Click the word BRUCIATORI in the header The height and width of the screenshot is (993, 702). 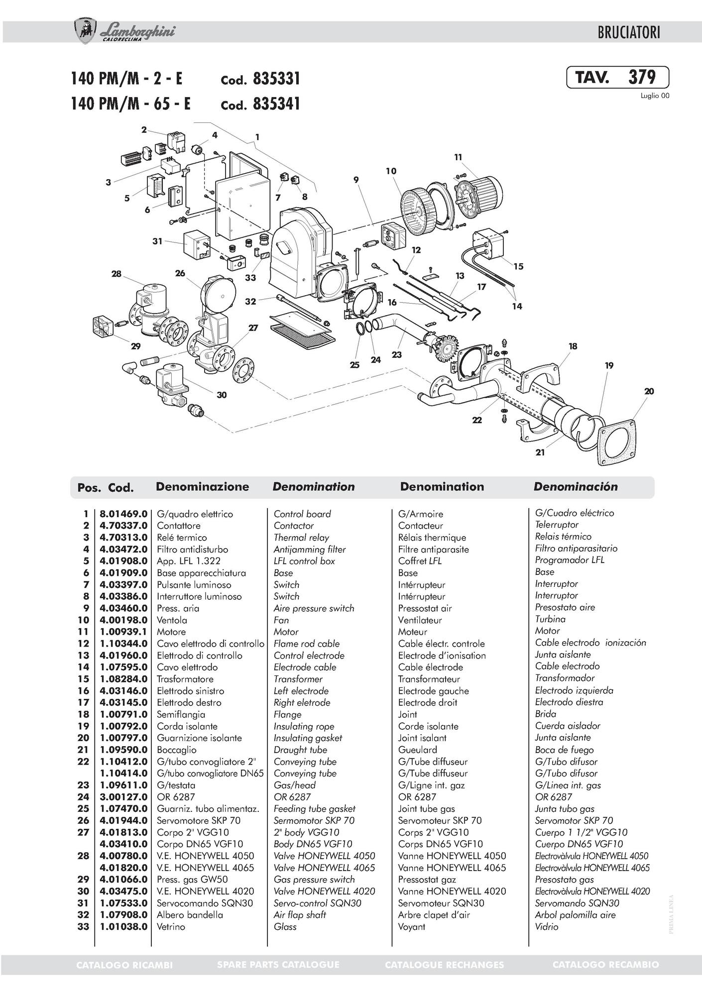629,33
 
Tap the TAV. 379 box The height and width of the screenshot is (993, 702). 617,78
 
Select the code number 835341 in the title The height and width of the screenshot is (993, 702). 276,104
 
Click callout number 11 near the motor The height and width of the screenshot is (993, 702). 458,157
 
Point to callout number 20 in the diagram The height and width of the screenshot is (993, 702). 649,391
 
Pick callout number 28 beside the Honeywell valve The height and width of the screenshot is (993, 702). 116,274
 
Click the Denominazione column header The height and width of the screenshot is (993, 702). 202,487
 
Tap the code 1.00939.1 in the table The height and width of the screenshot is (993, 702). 123,632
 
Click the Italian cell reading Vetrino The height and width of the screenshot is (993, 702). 171,927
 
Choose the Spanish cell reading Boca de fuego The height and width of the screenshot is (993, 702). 564,750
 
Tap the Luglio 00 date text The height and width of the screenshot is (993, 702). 654,96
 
